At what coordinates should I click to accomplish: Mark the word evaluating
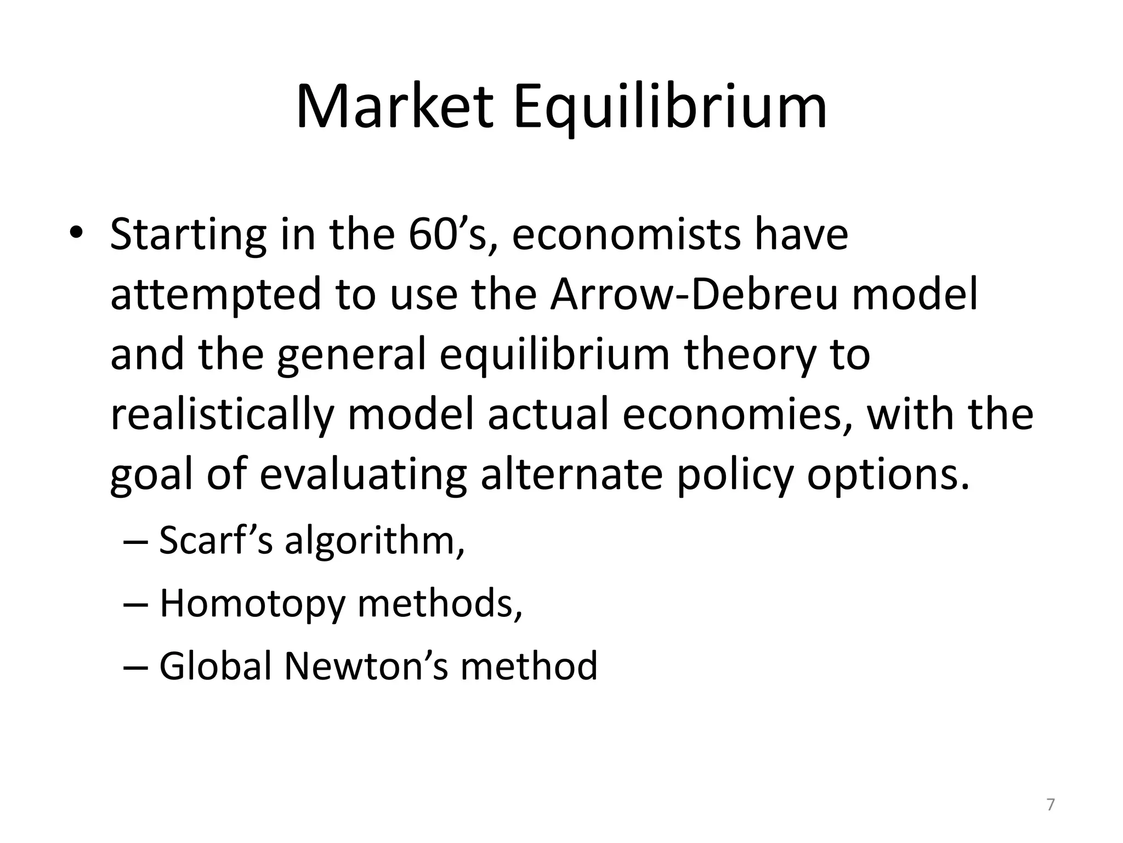click(363, 475)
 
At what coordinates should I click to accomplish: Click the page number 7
click(1051, 805)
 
